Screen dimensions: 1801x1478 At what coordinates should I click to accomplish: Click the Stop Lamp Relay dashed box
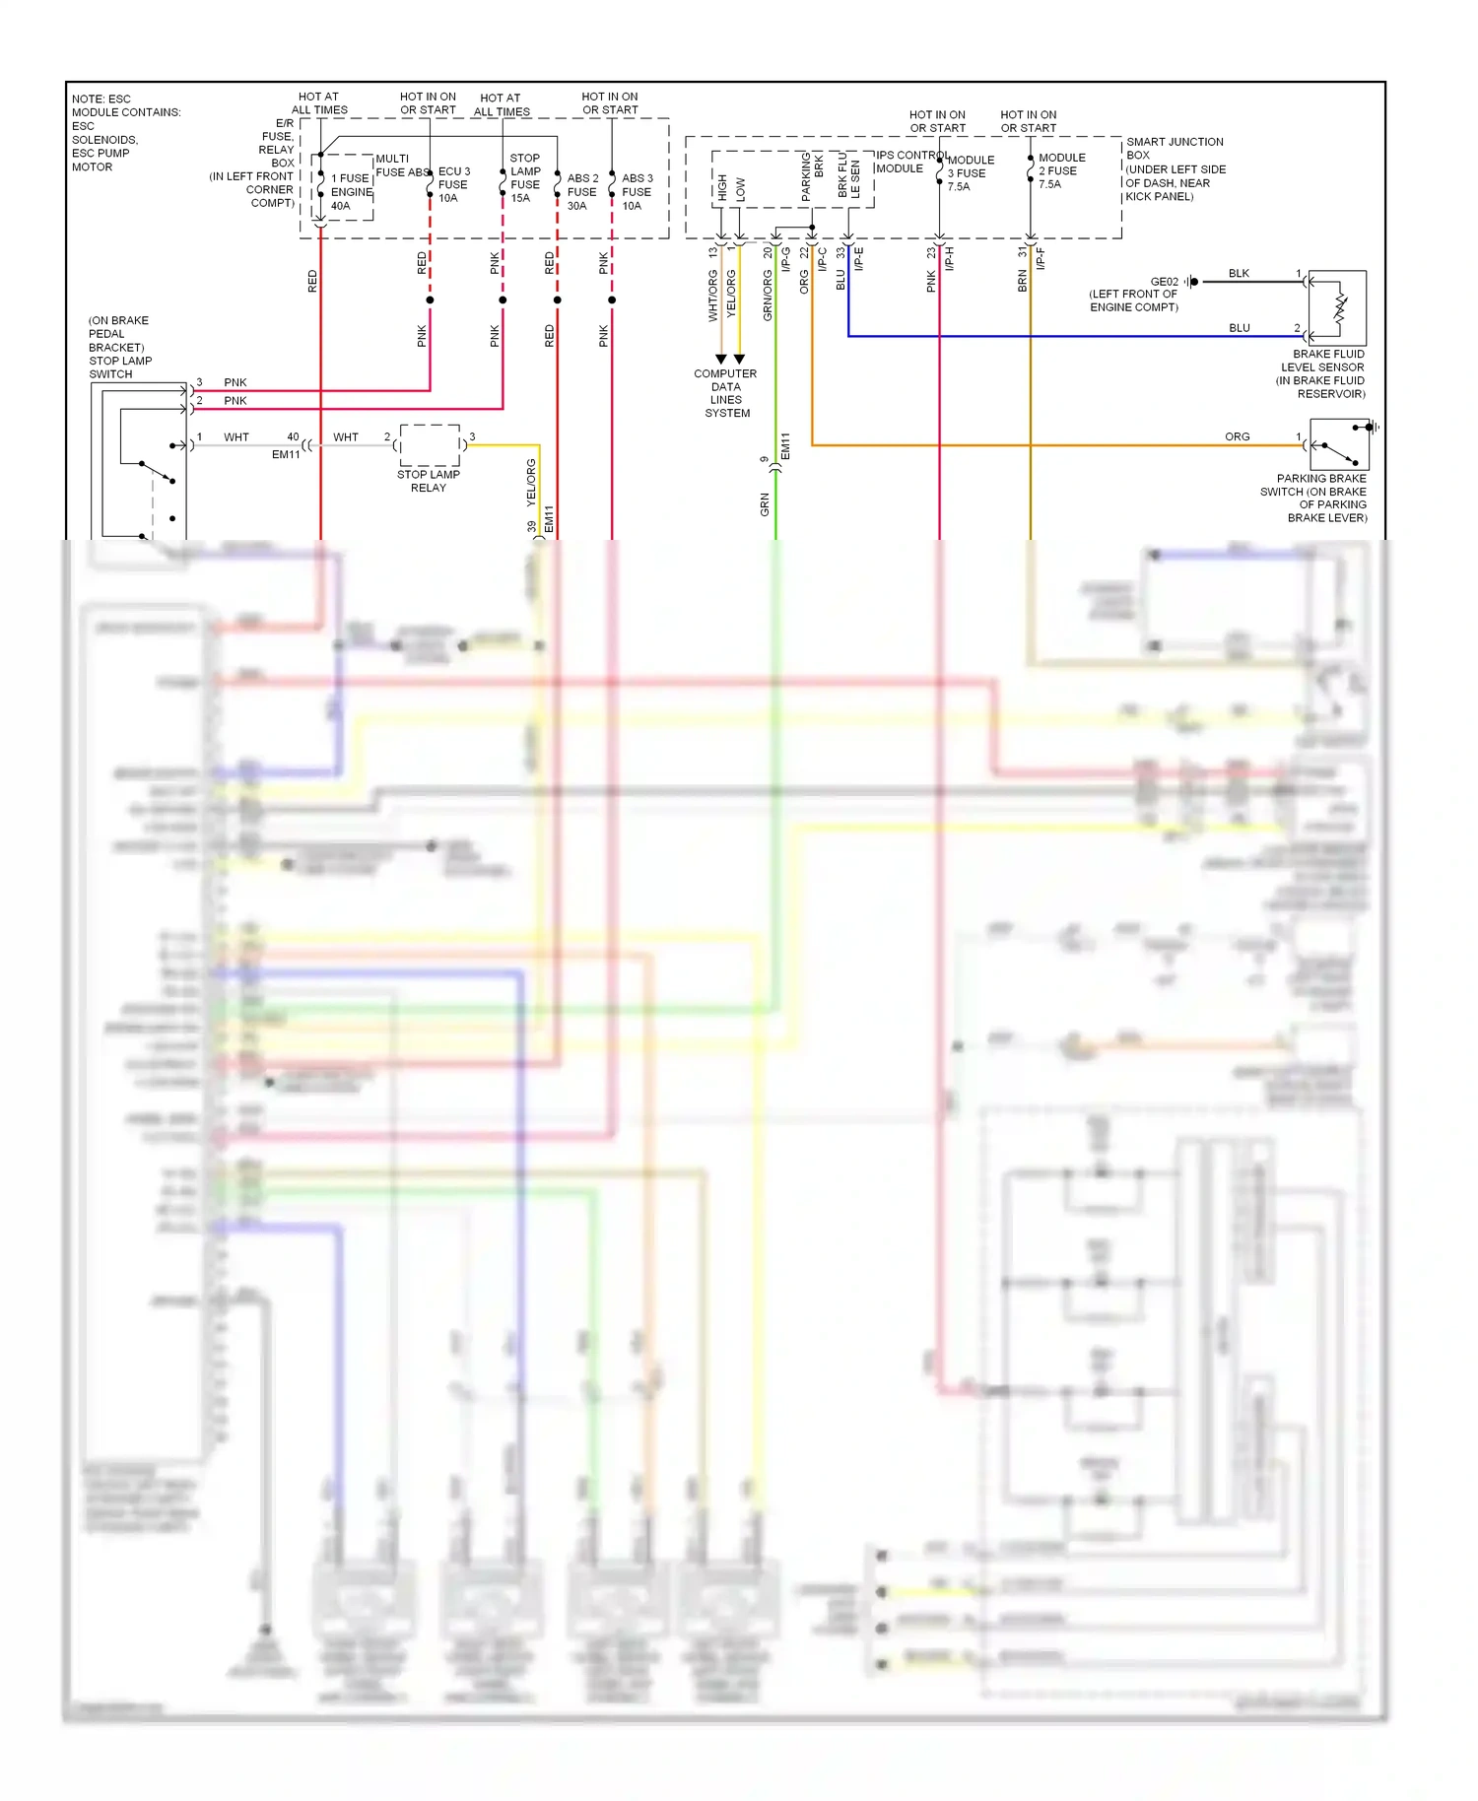pyautogui.click(x=430, y=445)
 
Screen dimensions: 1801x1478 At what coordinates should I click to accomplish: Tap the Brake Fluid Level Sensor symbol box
pyautogui.click(x=1337, y=307)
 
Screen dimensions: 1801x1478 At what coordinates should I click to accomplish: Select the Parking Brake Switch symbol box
pyautogui.click(x=1339, y=444)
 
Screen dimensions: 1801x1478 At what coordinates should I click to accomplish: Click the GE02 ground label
pyautogui.click(x=1164, y=282)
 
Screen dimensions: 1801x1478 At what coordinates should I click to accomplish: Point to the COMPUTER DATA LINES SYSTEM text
pyautogui.click(x=726, y=393)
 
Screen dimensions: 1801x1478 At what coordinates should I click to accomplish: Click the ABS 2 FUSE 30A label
pyautogui.click(x=582, y=192)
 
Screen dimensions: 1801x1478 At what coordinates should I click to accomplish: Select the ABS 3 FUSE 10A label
pyautogui.click(x=637, y=192)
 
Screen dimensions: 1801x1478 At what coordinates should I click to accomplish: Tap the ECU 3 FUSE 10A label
pyautogui.click(x=453, y=184)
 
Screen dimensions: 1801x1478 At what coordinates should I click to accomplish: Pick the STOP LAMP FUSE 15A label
pyautogui.click(x=525, y=178)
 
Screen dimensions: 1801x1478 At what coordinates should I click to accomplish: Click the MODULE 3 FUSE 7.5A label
pyautogui.click(x=970, y=173)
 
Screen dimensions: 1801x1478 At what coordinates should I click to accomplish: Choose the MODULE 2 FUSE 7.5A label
pyautogui.click(x=1061, y=170)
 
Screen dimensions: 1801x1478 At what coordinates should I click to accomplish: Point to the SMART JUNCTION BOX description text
pyautogui.click(x=1176, y=169)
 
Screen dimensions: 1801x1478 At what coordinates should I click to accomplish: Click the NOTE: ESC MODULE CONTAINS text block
pyautogui.click(x=125, y=133)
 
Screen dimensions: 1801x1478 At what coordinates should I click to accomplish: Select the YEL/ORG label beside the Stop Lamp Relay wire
pyautogui.click(x=531, y=483)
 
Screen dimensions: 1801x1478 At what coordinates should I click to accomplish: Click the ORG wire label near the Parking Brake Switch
pyautogui.click(x=1237, y=436)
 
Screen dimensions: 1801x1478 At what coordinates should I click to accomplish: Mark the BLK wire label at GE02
pyautogui.click(x=1239, y=274)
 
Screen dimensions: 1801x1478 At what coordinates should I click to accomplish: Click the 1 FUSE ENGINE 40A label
pyautogui.click(x=350, y=192)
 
